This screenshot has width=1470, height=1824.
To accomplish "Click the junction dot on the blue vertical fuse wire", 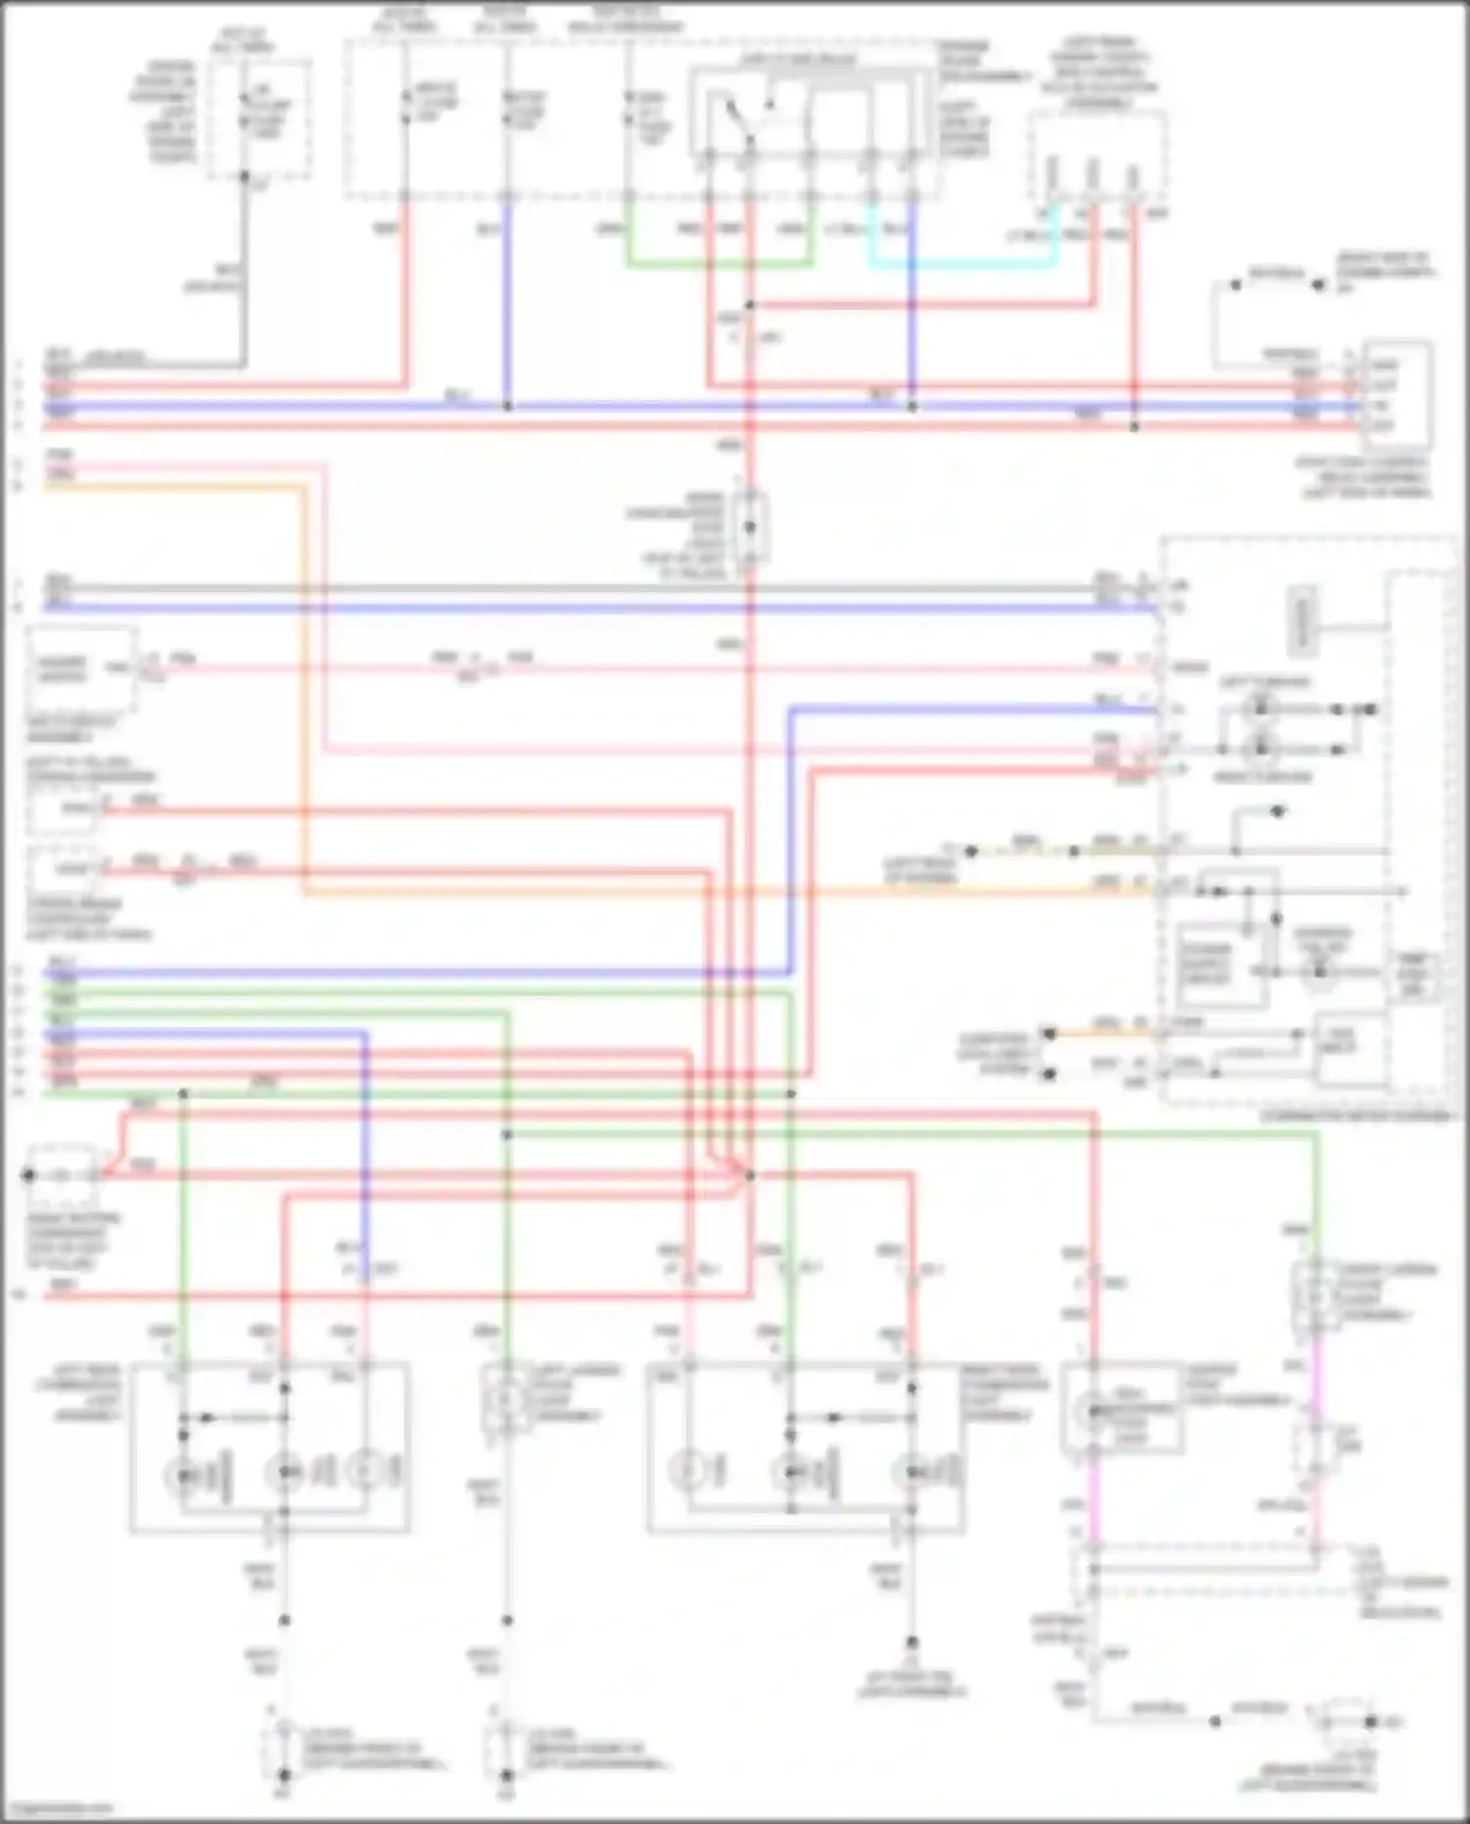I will [x=508, y=405].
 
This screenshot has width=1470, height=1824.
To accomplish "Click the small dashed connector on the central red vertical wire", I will [x=751, y=527].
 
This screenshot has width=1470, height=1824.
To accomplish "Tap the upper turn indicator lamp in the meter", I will [x=1261, y=708].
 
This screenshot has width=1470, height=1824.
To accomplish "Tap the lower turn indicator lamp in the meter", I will [x=1261, y=750].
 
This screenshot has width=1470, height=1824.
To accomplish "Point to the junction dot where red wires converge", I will [x=750, y=1174].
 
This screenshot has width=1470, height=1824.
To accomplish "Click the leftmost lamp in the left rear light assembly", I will [x=183, y=1472].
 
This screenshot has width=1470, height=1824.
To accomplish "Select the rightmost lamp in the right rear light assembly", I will [x=911, y=1472].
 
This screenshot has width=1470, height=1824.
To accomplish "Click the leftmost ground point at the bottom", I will [x=284, y=1775].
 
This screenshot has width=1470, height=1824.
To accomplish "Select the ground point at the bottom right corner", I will [x=1372, y=1721].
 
